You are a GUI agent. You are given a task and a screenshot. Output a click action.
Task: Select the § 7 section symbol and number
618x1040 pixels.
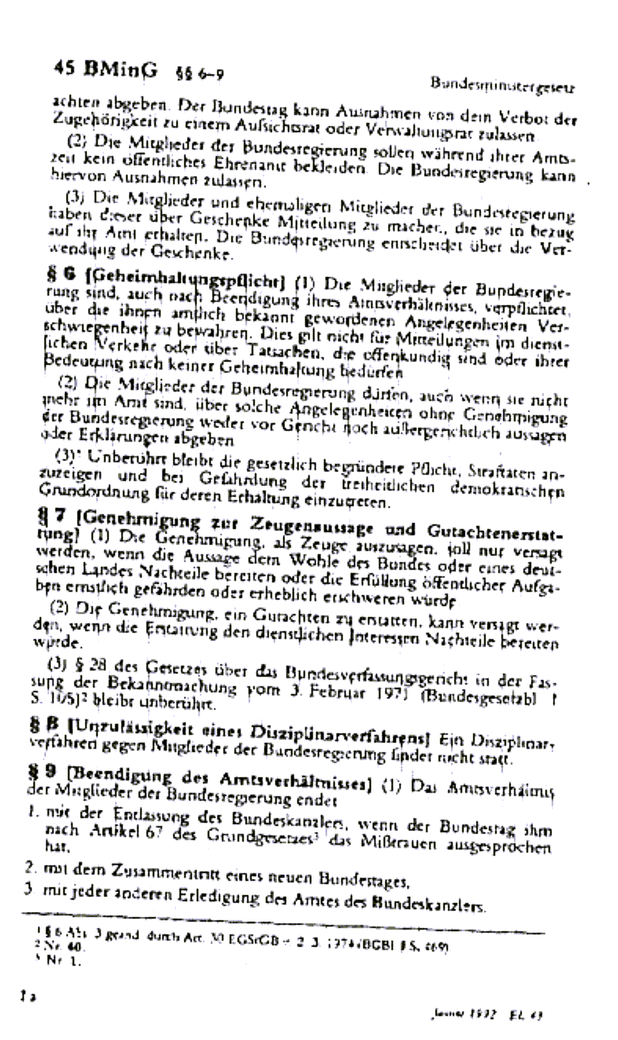[64, 518]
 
